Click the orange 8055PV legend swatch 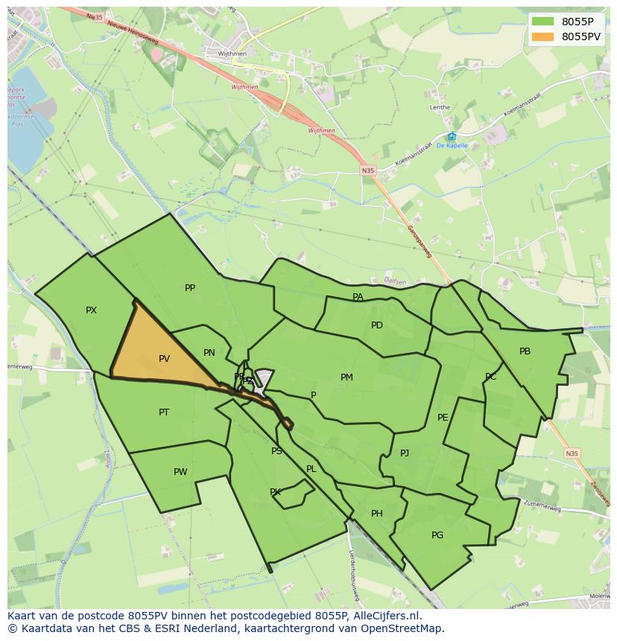click(x=543, y=36)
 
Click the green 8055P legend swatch click(x=543, y=22)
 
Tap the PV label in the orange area click(x=164, y=359)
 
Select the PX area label click(x=91, y=310)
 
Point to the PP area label click(x=190, y=288)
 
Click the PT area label click(x=164, y=412)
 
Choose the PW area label click(x=180, y=472)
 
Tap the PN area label click(x=209, y=353)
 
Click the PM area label click(x=347, y=377)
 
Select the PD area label click(x=377, y=325)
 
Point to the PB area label click(x=525, y=351)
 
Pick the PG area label click(x=437, y=535)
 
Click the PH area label click(x=377, y=514)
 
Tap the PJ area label click(x=405, y=453)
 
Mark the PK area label click(x=275, y=492)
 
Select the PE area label click(x=443, y=418)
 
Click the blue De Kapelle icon click(x=452, y=136)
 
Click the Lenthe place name click(x=440, y=107)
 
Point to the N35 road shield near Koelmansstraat click(x=368, y=170)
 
